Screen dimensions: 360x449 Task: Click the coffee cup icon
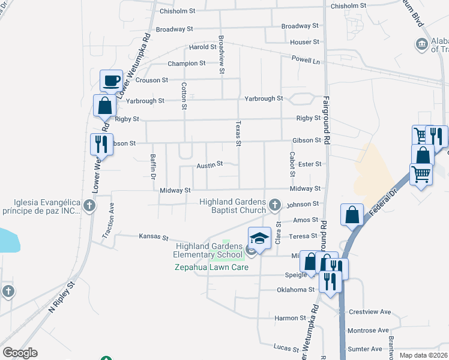click(111, 80)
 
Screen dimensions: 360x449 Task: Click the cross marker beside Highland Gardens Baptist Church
click(275, 205)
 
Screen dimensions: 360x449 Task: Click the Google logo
click(20, 353)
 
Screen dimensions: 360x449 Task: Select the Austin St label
click(210, 164)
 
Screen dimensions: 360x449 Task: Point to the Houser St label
click(304, 43)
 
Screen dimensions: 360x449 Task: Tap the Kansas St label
click(153, 237)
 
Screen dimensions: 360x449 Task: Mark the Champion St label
click(187, 63)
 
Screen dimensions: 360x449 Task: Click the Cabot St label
click(292, 164)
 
